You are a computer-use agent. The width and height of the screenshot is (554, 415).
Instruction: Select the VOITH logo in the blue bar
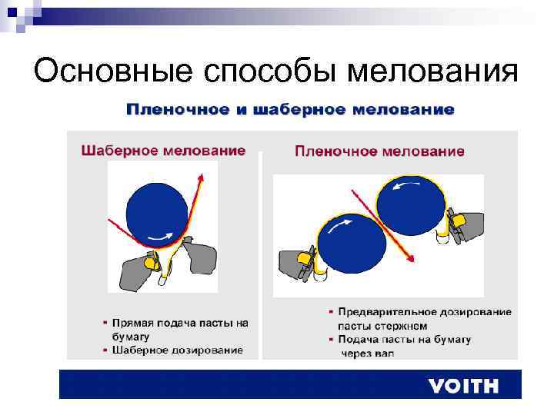[x=463, y=385]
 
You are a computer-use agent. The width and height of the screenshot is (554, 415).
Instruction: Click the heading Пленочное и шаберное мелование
[x=290, y=109]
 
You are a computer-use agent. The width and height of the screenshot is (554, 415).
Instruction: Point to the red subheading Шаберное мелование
[x=163, y=150]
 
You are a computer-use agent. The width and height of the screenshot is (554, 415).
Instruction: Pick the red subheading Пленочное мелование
[x=379, y=151]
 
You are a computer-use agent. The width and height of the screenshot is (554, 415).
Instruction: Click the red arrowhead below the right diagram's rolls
[x=411, y=258]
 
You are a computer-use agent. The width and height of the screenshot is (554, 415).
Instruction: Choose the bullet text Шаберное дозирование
[x=178, y=350]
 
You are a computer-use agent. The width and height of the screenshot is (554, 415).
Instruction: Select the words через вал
[x=368, y=354]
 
